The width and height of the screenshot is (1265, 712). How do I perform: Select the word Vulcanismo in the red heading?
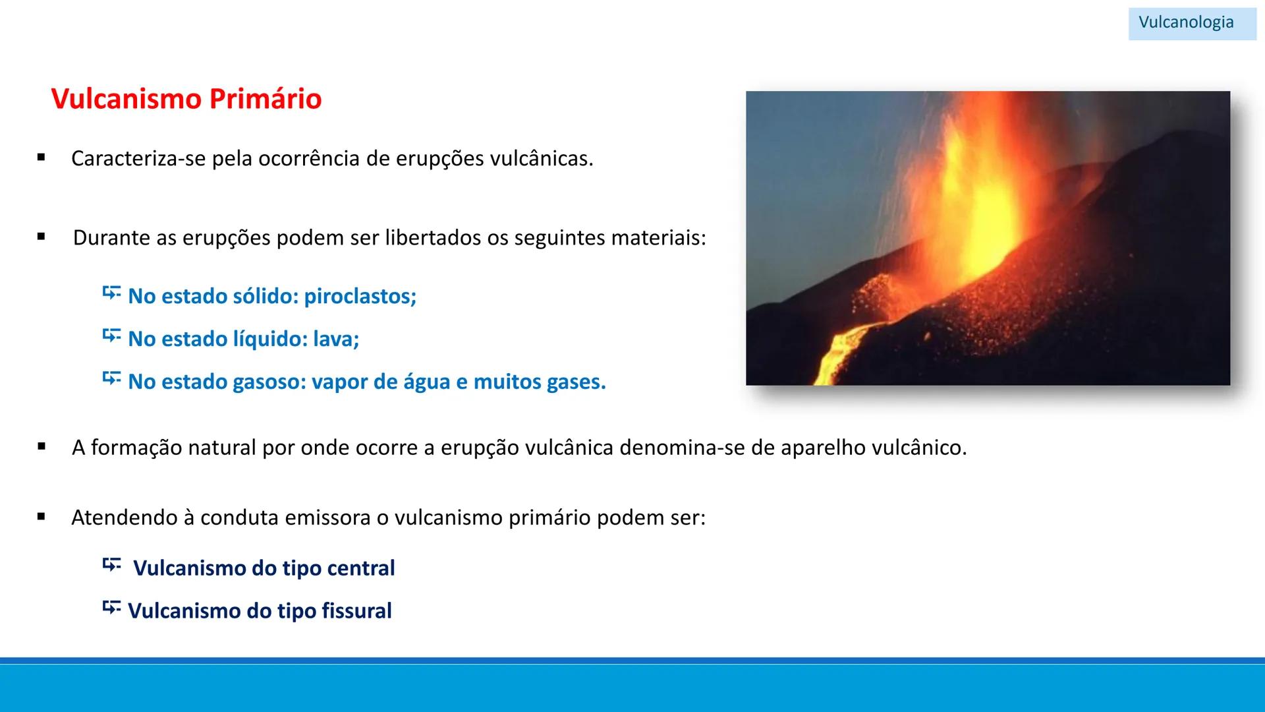(126, 99)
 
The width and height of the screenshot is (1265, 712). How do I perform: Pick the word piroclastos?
(360, 297)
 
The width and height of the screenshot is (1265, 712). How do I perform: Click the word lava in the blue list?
(335, 340)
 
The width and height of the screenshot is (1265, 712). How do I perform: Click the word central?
(360, 568)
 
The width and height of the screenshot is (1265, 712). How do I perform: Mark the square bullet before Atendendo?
(42, 517)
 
